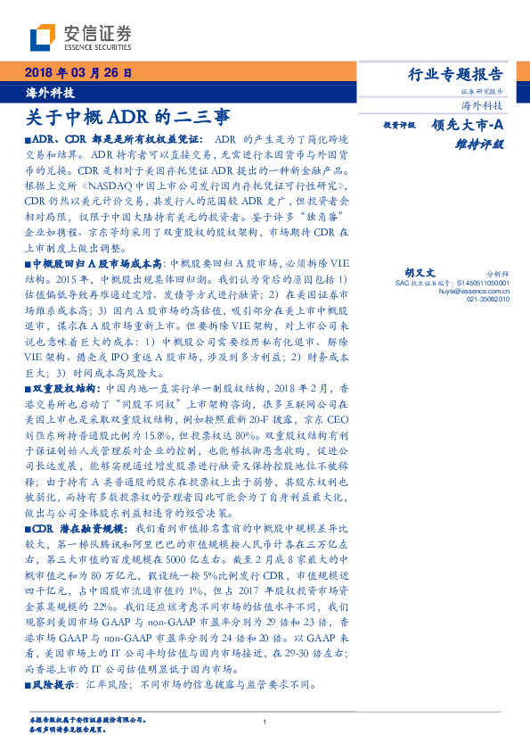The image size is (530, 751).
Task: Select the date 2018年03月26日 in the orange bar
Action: point(78,72)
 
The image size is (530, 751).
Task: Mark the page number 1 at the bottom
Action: point(265,722)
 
